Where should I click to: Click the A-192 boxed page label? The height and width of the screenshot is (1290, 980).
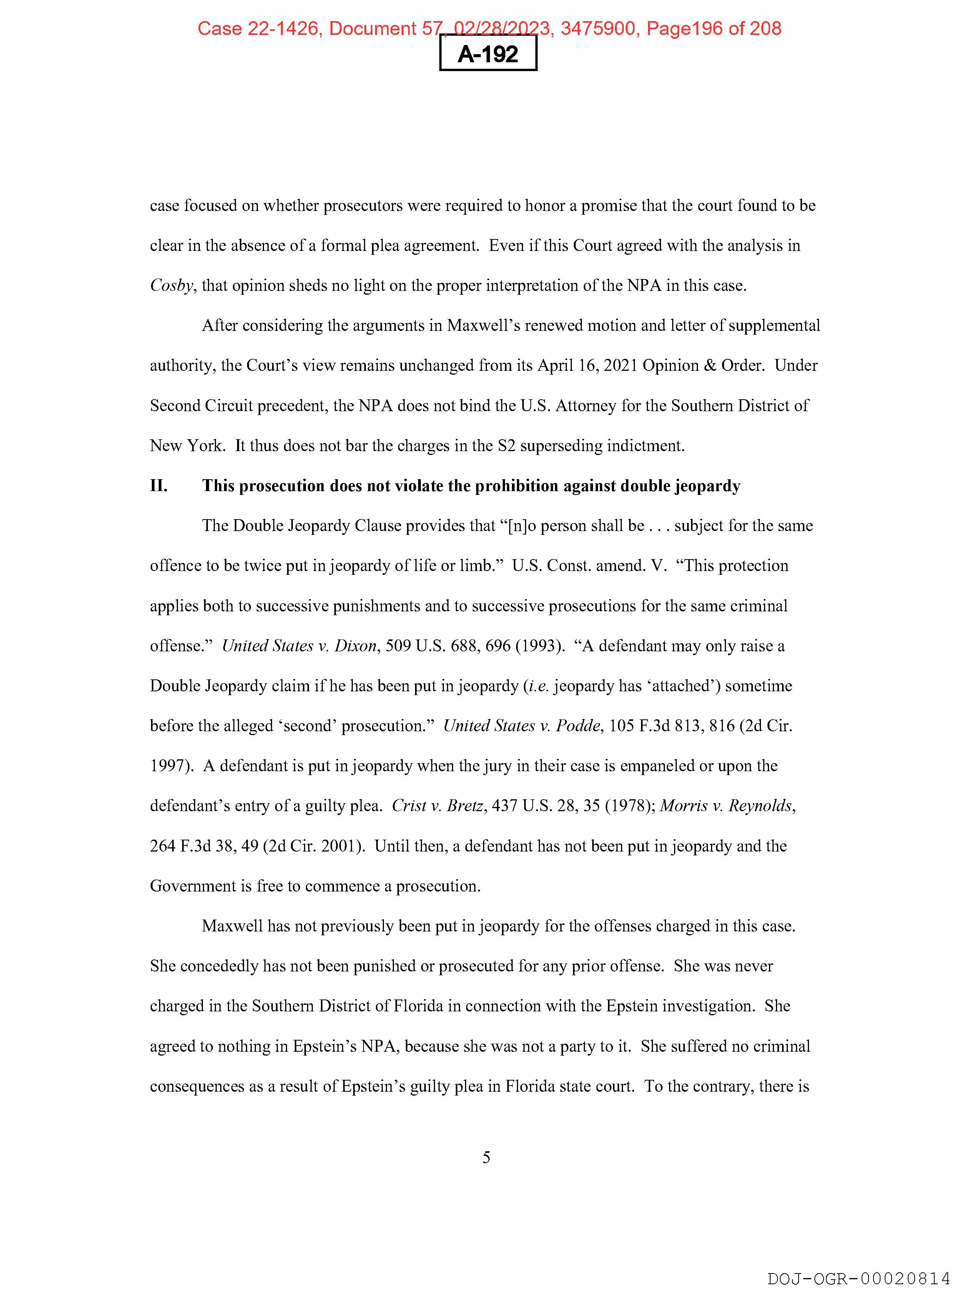[488, 54]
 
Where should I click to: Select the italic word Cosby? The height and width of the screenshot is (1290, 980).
[171, 286]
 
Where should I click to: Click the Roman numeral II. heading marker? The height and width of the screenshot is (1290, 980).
[159, 486]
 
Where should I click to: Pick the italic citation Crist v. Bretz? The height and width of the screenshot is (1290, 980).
[437, 806]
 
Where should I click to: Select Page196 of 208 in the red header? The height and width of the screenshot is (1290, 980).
[713, 28]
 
